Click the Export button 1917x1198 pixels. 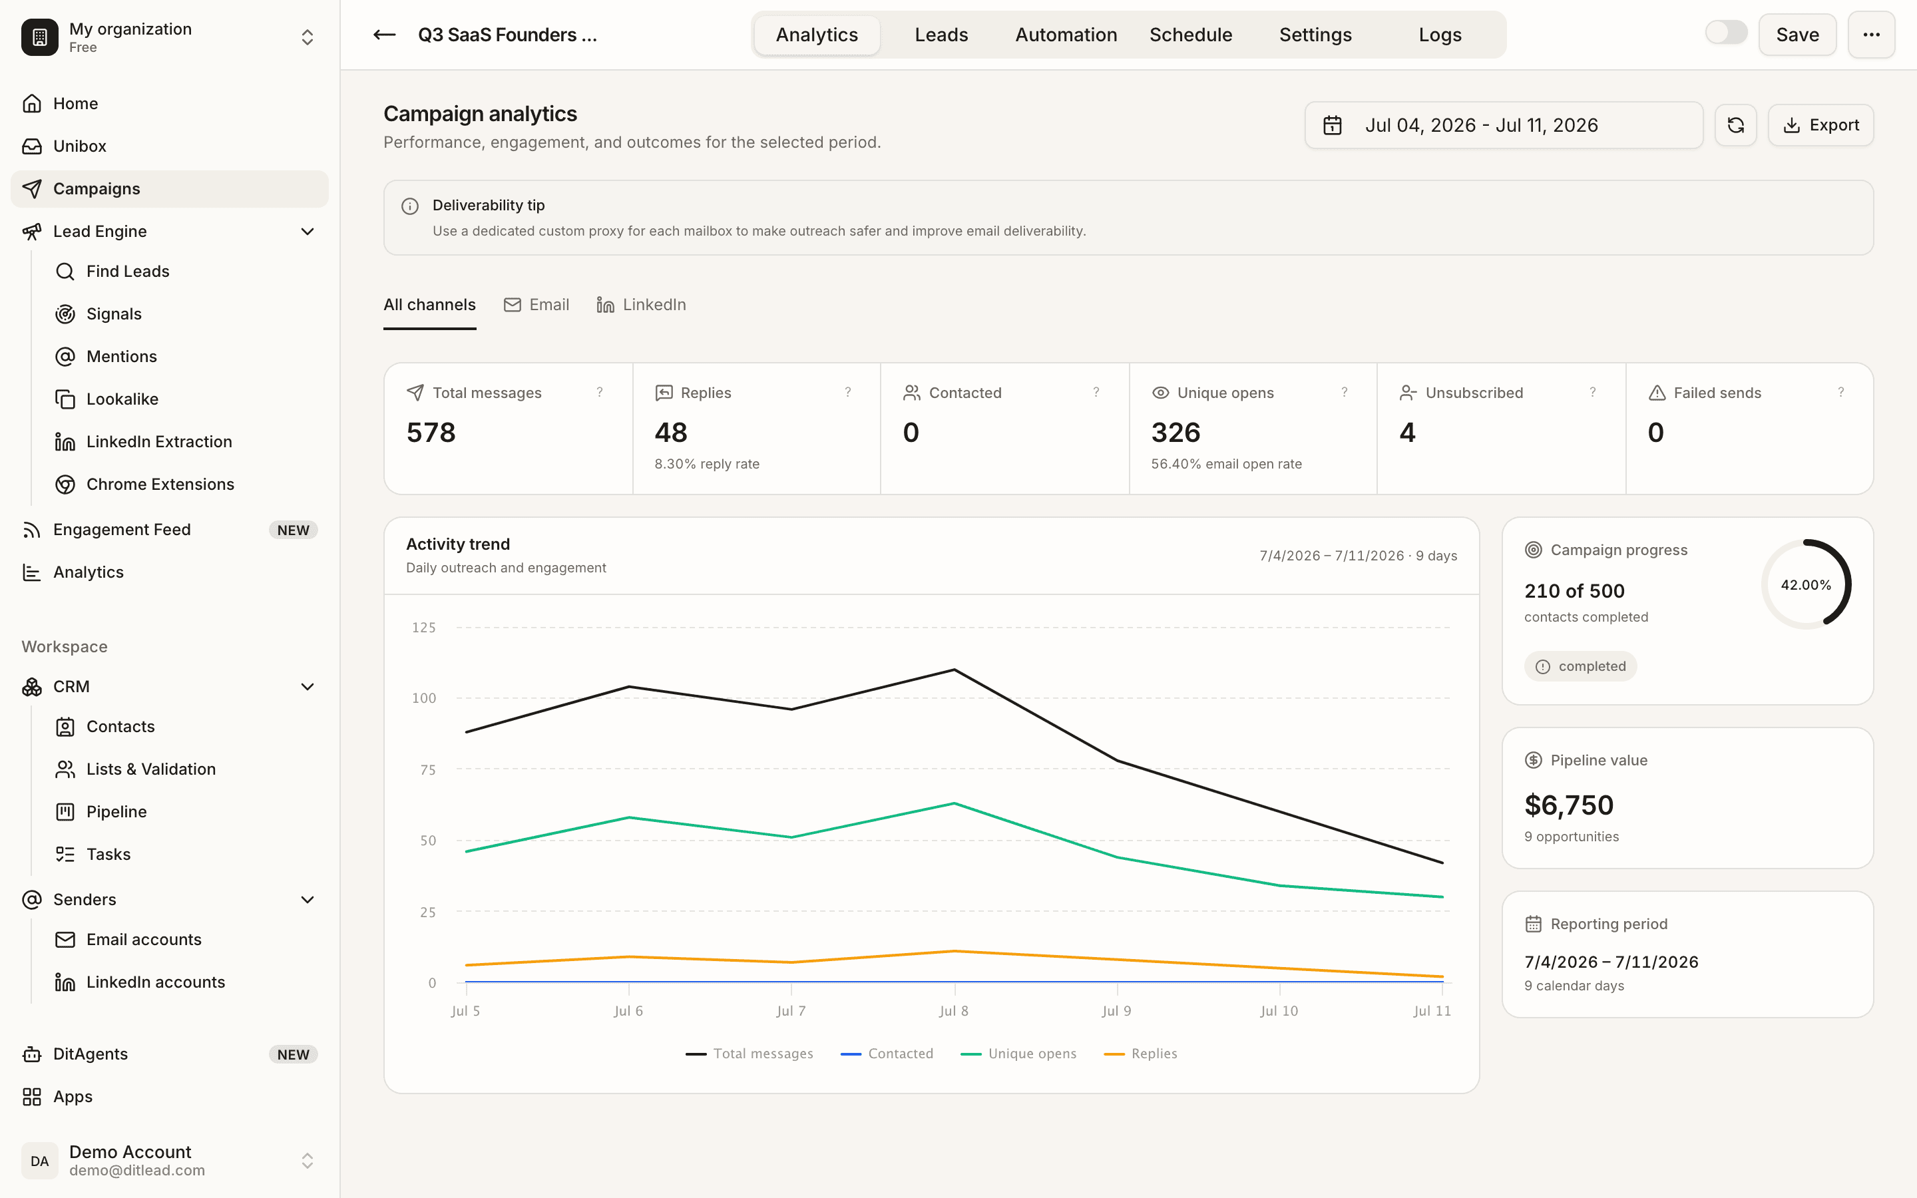[x=1820, y=125]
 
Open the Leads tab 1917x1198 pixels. [x=941, y=35]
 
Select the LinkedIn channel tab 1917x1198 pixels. [x=641, y=305]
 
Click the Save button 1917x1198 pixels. [x=1797, y=35]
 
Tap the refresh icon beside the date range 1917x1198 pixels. [x=1735, y=125]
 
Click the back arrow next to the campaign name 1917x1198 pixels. [x=384, y=35]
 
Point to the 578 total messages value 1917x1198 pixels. [x=431, y=433]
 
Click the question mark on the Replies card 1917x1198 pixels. [x=847, y=392]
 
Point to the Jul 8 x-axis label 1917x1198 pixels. [x=954, y=1011]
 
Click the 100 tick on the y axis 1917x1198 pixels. [x=424, y=698]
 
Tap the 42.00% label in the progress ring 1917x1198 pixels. [x=1806, y=585]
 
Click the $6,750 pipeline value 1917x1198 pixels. [x=1568, y=805]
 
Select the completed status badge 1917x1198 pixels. [x=1580, y=666]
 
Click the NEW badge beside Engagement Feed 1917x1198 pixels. [x=293, y=530]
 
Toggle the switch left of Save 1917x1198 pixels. [x=1726, y=33]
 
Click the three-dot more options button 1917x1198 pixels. [x=1871, y=35]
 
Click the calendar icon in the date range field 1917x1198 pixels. [x=1333, y=125]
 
